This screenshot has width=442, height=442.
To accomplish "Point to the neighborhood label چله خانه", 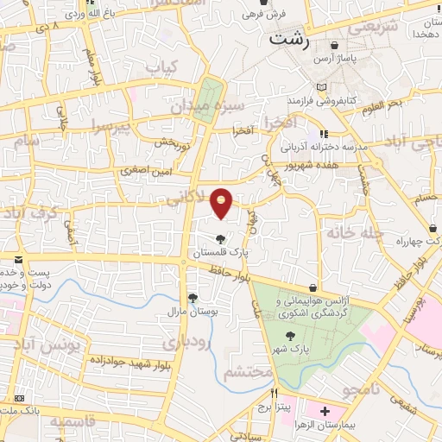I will pos(347,233).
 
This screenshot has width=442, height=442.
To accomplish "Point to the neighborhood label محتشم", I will pos(249,374).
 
